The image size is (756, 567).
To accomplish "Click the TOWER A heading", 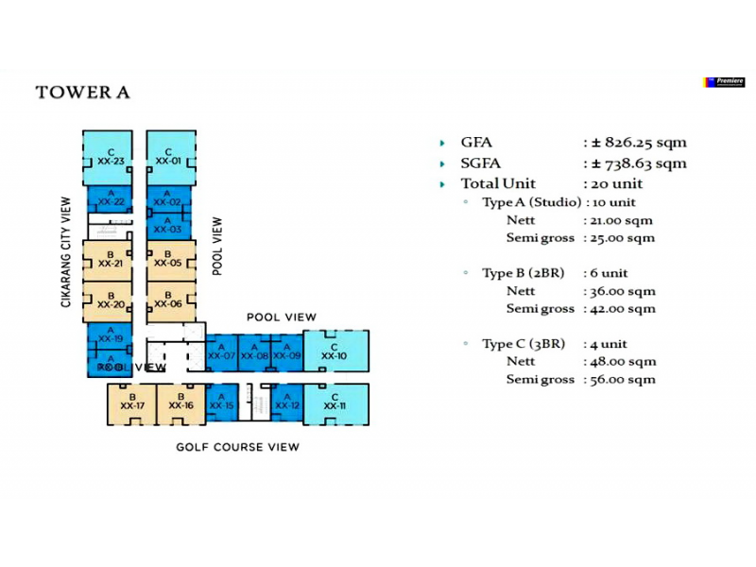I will pos(82,93).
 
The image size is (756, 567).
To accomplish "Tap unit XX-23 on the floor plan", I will pos(112,158).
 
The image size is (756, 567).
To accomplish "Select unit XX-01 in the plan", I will pos(168,158).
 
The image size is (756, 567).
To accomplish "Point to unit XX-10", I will pos(335,352).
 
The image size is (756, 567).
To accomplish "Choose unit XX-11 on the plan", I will pos(335,404).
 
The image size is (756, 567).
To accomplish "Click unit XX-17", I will pos(131,404).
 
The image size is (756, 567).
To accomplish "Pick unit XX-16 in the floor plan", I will pos(181,404).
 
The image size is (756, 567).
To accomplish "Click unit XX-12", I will pos(287,404).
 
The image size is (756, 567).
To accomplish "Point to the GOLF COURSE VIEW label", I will pos(237,447).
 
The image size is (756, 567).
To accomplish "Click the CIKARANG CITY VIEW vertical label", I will pos(66,251).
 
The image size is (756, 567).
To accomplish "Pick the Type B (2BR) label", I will pos(523,273).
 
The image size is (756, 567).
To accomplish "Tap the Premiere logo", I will pos(725,82).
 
